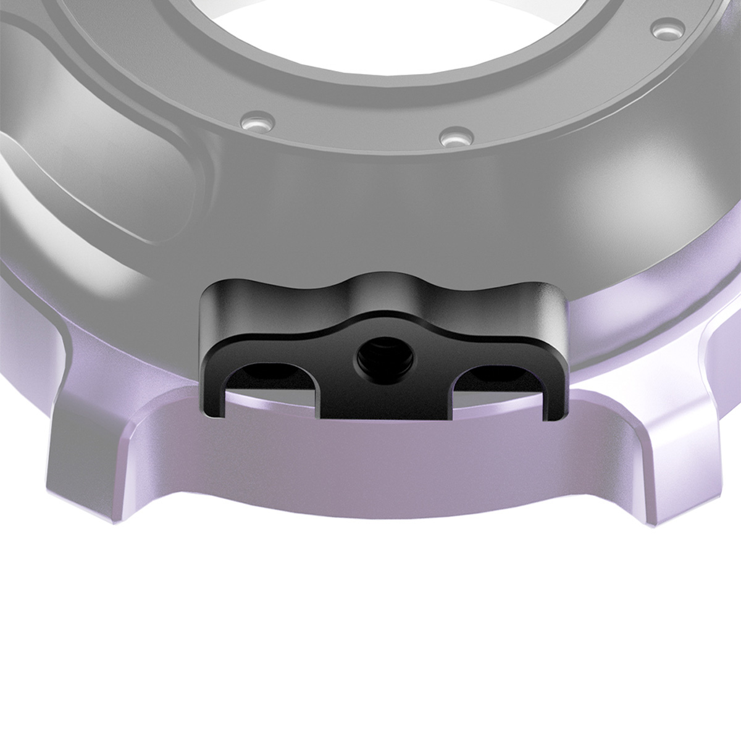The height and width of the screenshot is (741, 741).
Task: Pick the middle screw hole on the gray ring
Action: click(x=454, y=135)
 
